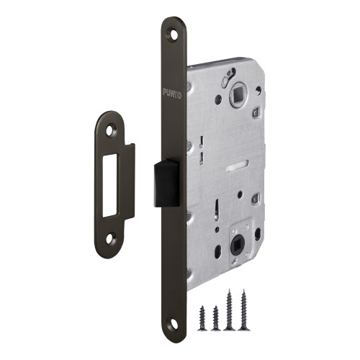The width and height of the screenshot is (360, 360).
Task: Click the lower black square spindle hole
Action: pos(235,237)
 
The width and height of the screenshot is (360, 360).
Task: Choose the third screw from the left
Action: pos(230,307)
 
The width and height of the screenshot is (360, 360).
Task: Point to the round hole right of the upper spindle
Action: pos(258,91)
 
